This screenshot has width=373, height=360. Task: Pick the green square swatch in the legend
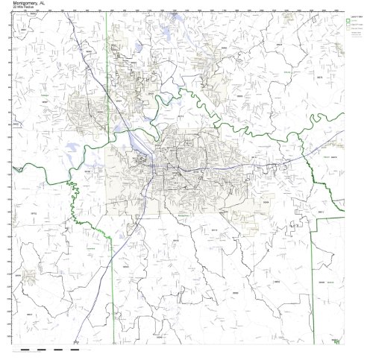click(x=348, y=19)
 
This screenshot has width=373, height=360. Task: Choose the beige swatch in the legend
click(x=348, y=25)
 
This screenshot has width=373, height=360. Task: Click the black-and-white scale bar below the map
click(x=52, y=348)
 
